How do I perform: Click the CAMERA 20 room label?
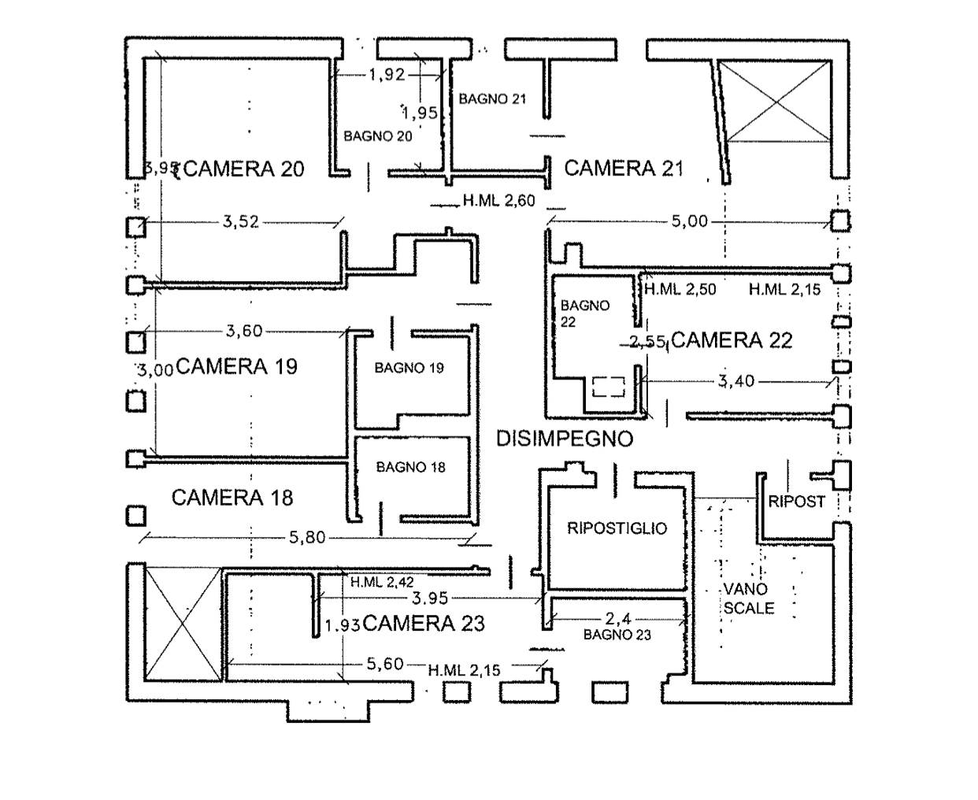(x=245, y=169)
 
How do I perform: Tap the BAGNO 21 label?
(x=492, y=99)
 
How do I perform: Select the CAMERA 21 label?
(x=624, y=169)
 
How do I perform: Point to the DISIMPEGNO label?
(x=565, y=439)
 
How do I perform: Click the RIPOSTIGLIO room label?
(x=617, y=529)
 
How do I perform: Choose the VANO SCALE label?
(x=747, y=598)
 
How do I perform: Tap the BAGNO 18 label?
(x=410, y=468)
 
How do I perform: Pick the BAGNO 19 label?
(x=409, y=368)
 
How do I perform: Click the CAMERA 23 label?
(x=424, y=624)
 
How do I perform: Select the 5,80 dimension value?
(x=307, y=539)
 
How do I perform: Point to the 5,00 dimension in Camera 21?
(x=689, y=222)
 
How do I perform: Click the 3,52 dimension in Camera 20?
(x=240, y=222)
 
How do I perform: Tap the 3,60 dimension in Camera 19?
(x=244, y=331)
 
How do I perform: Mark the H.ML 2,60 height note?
(x=498, y=202)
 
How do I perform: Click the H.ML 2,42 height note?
(x=382, y=583)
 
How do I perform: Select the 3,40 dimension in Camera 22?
(x=736, y=382)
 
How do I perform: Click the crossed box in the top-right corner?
(x=776, y=102)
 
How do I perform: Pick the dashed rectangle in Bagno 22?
(x=608, y=387)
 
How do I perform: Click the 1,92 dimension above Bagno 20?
(x=387, y=75)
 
